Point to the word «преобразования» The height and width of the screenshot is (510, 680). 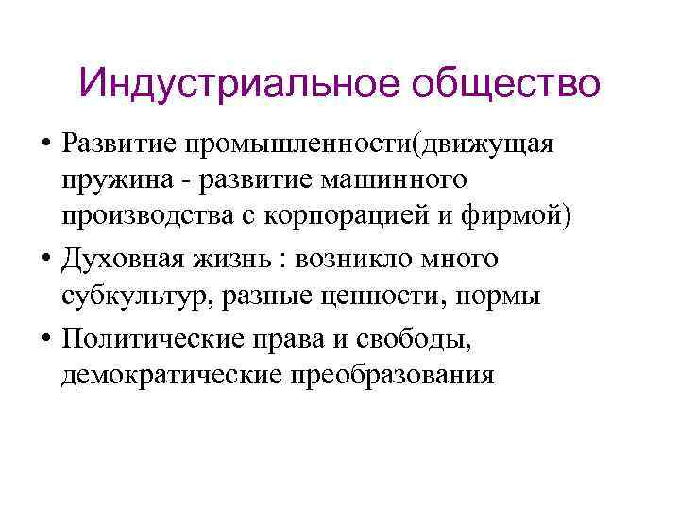(x=396, y=375)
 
